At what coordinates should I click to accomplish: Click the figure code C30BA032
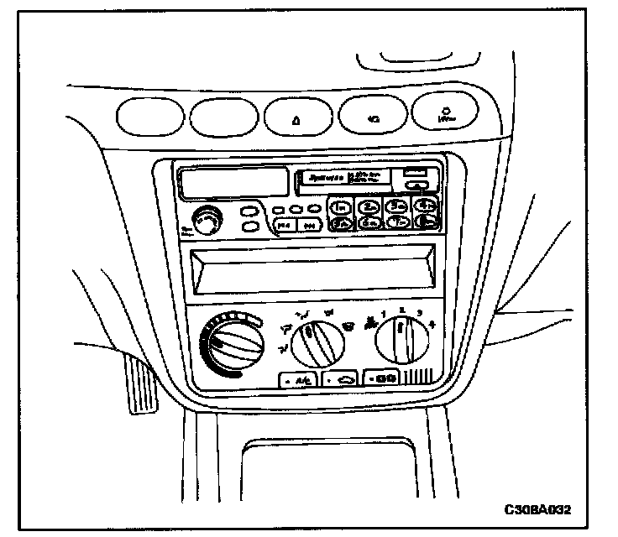point(542,509)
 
